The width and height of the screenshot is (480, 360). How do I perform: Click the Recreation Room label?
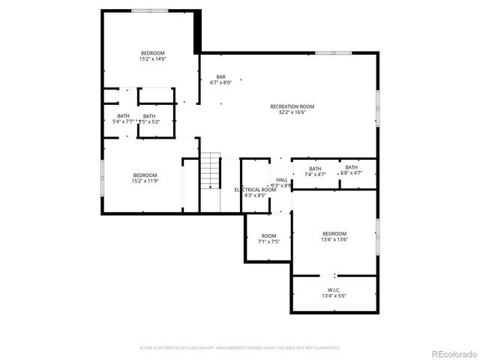tap(292, 106)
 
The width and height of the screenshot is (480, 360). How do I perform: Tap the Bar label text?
tap(221, 76)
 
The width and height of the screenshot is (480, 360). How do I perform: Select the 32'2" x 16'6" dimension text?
tap(292, 113)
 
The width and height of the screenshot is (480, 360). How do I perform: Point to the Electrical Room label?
tap(255, 190)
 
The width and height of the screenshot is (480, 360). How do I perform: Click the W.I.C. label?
tap(334, 289)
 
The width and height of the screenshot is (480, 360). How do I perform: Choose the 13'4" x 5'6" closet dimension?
tap(334, 295)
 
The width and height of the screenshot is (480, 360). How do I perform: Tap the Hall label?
tap(281, 180)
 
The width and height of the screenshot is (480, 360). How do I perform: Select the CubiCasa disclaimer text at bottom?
tap(240, 348)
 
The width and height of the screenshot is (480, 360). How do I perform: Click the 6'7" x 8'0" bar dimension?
tap(221, 82)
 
